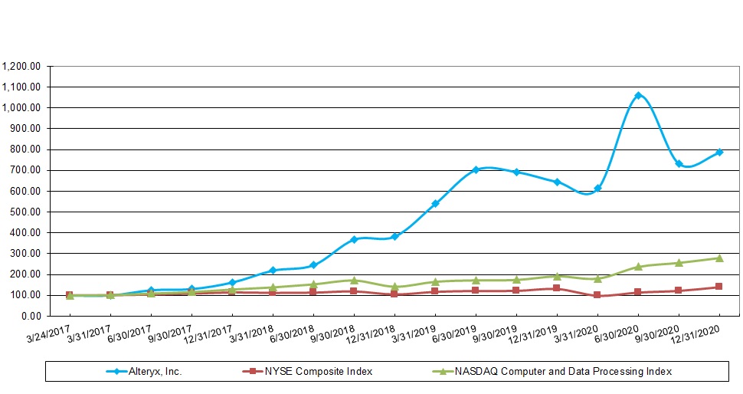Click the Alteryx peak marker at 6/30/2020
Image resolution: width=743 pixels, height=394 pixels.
click(x=638, y=96)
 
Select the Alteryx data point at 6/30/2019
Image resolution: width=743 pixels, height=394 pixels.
click(x=476, y=169)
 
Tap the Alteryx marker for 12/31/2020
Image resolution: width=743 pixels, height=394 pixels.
click(x=719, y=152)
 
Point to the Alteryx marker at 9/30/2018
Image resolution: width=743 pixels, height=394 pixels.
click(x=354, y=239)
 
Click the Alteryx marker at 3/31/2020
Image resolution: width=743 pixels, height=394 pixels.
click(x=597, y=188)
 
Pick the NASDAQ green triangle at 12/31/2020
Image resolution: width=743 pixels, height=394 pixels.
click(x=719, y=258)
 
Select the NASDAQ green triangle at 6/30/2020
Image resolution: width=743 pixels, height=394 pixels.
click(x=638, y=266)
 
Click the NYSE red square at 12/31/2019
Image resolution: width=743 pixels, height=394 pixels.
click(x=557, y=288)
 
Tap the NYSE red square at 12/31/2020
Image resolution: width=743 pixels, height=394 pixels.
click(x=719, y=287)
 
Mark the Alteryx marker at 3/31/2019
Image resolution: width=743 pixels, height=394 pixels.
click(x=435, y=203)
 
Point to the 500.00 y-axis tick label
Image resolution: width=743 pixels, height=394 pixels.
click(x=26, y=212)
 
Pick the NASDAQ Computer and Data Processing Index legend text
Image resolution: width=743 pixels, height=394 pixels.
click(x=563, y=371)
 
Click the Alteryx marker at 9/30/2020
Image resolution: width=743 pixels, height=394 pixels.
click(x=679, y=163)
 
